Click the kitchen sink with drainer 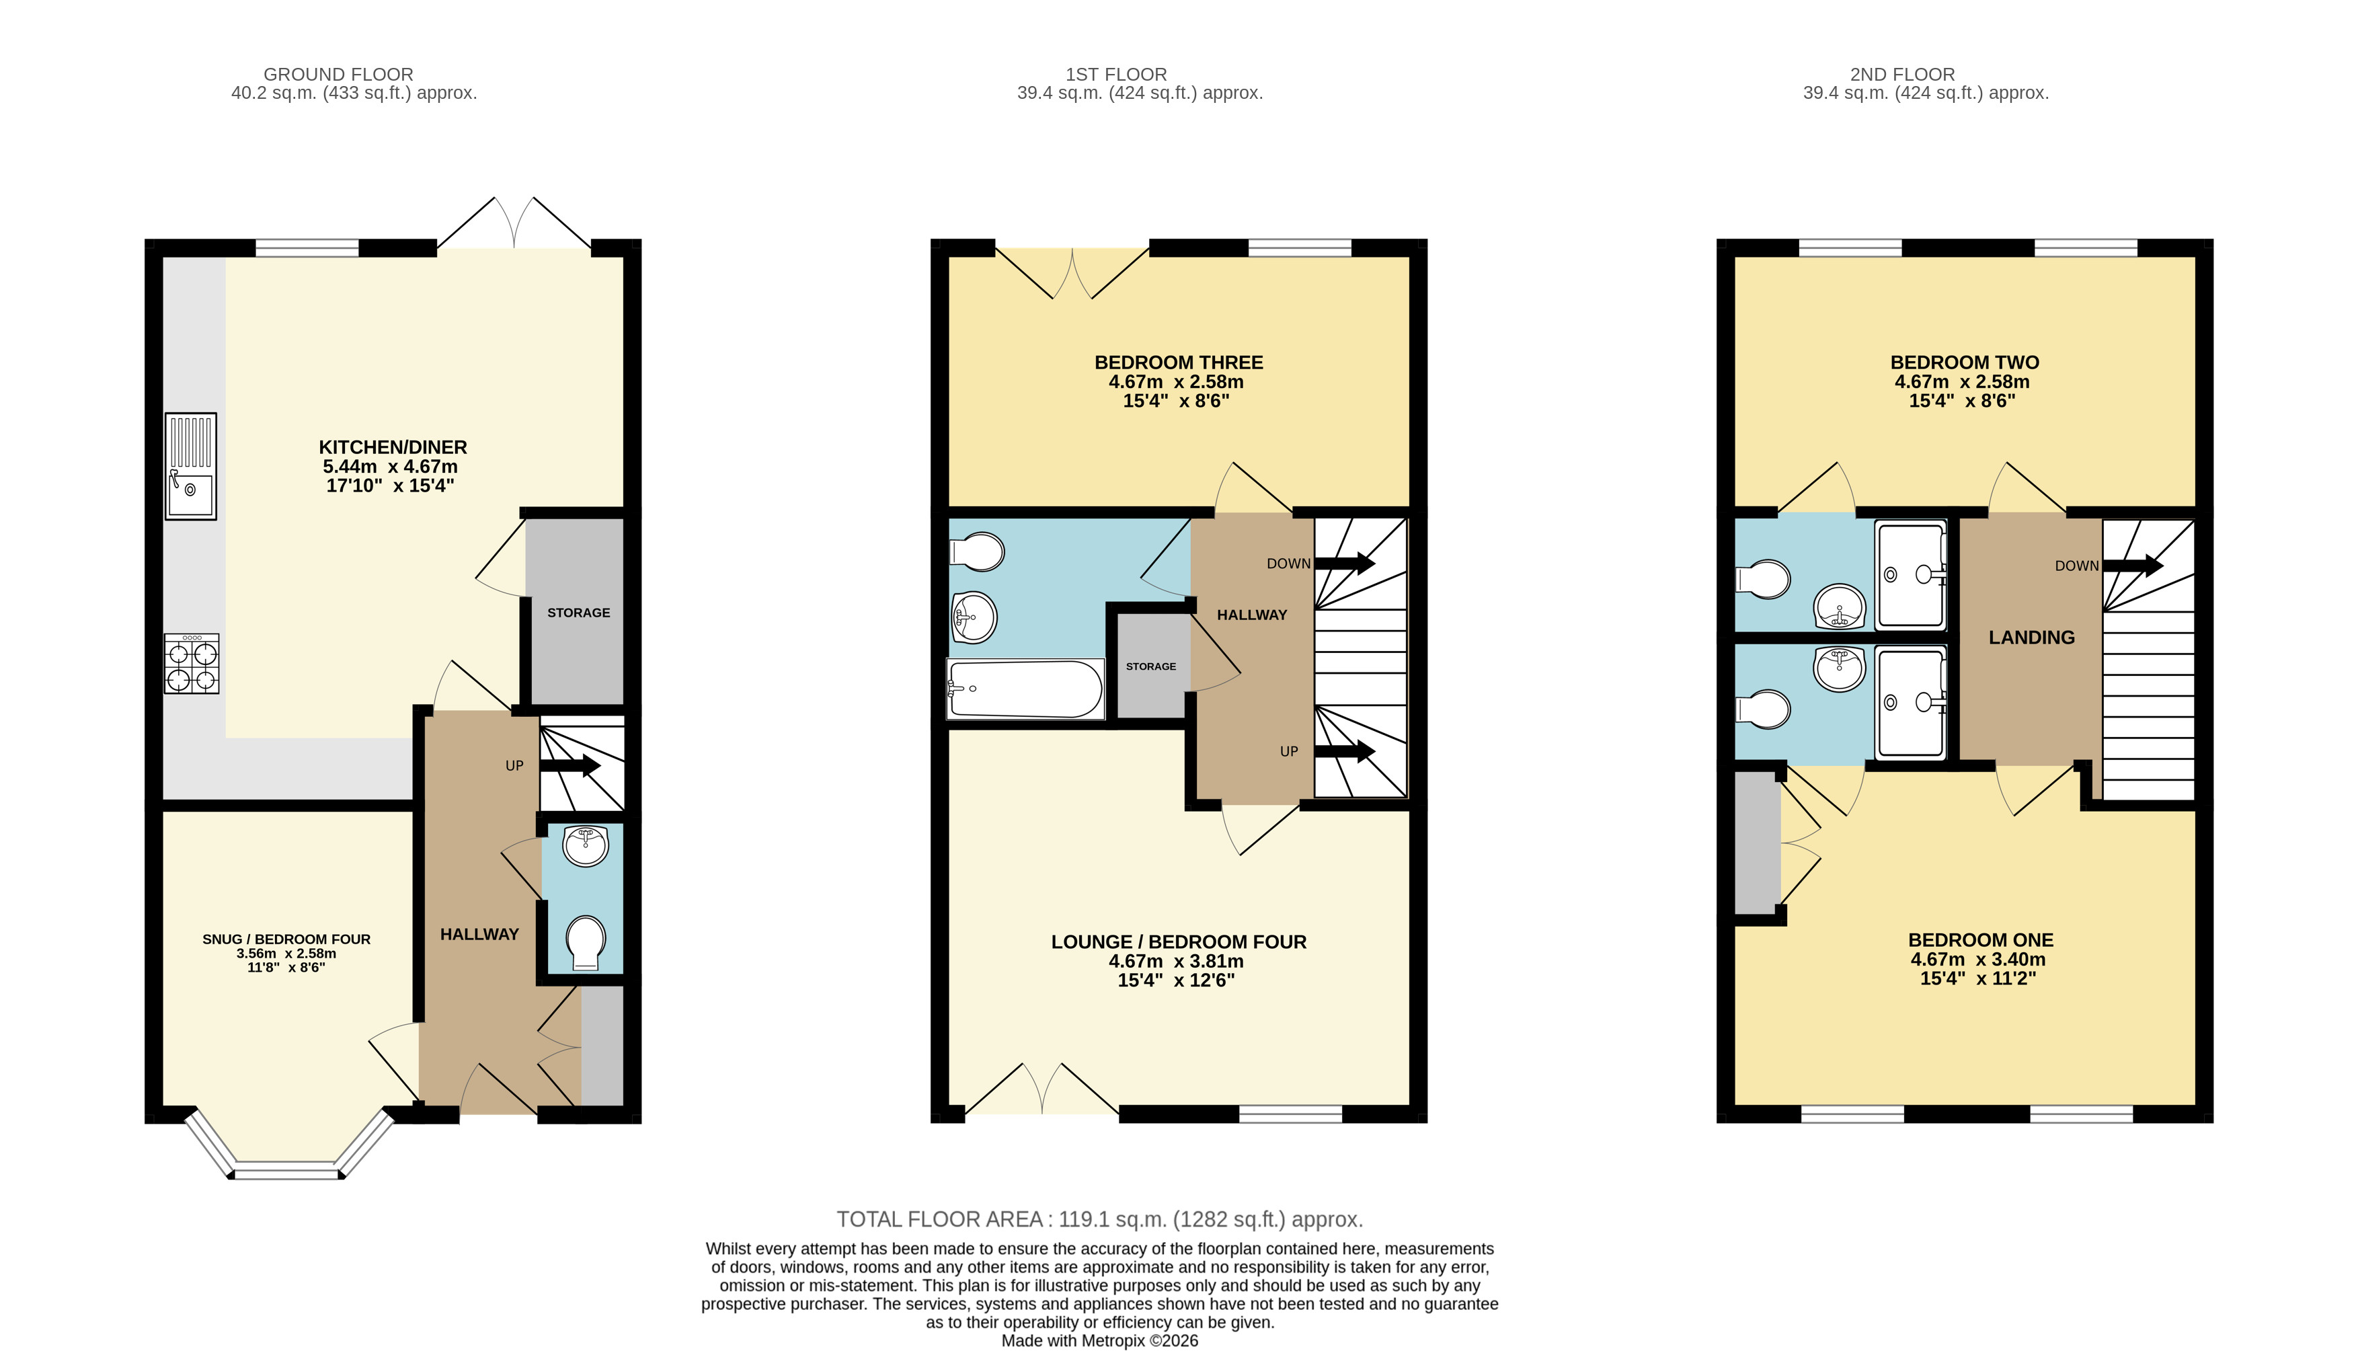tap(190, 466)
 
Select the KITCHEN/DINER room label tap(393, 447)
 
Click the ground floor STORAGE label tap(579, 613)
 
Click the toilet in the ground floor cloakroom tap(586, 943)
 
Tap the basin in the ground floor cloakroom tap(586, 845)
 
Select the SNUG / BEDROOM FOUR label tap(286, 939)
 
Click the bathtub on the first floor tap(1025, 689)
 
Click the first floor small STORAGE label tap(1151, 666)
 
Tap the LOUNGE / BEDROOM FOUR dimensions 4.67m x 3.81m tap(1176, 961)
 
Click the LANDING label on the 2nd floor tap(2031, 638)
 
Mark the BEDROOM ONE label tap(1980, 940)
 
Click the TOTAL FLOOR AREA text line tap(1099, 1219)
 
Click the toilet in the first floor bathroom tap(977, 551)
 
